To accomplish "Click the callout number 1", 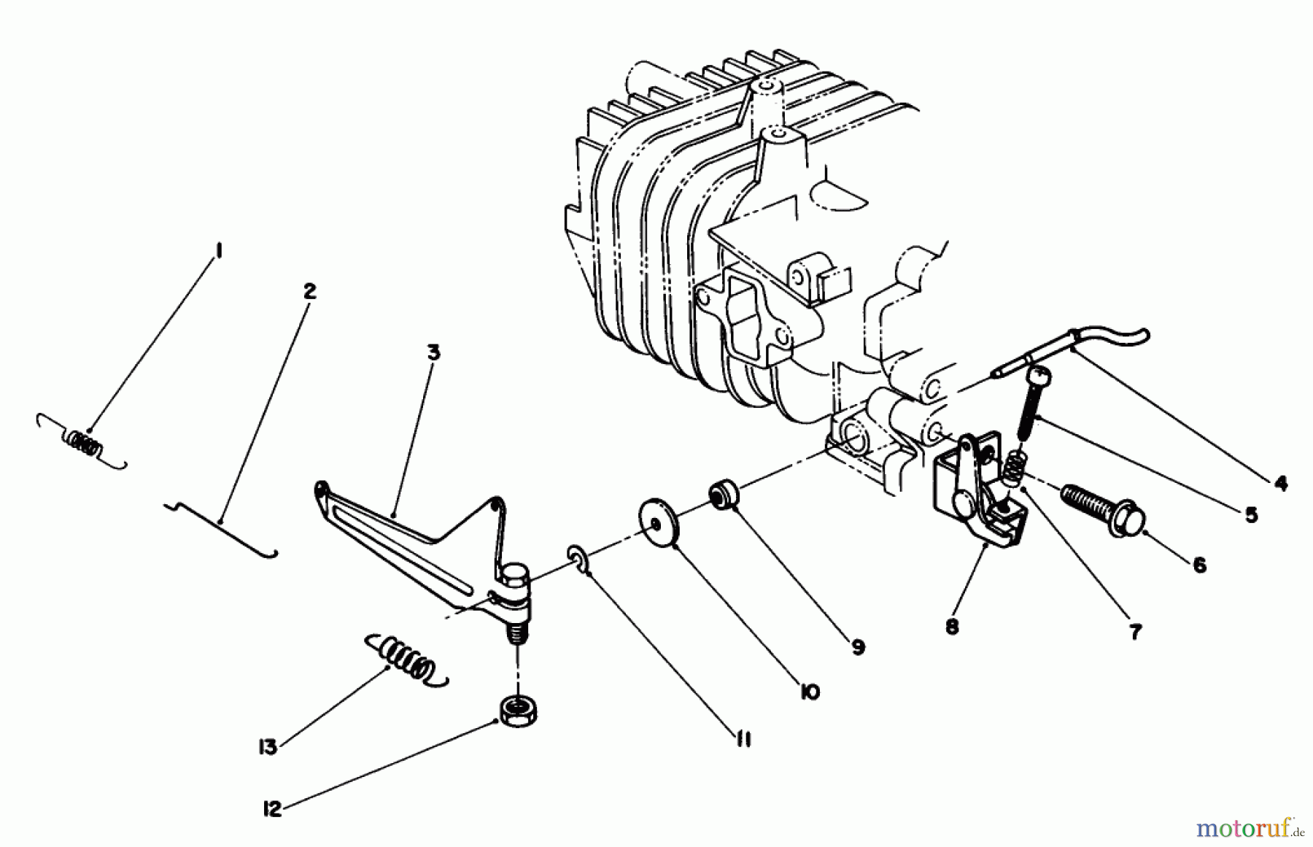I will click(217, 252).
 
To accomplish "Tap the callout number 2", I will click(309, 292).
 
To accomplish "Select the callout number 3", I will click(433, 353).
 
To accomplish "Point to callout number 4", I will click(1281, 483).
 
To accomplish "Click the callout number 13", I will click(269, 747).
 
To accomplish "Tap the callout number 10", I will click(809, 692).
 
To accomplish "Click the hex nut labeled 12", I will click(516, 710).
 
